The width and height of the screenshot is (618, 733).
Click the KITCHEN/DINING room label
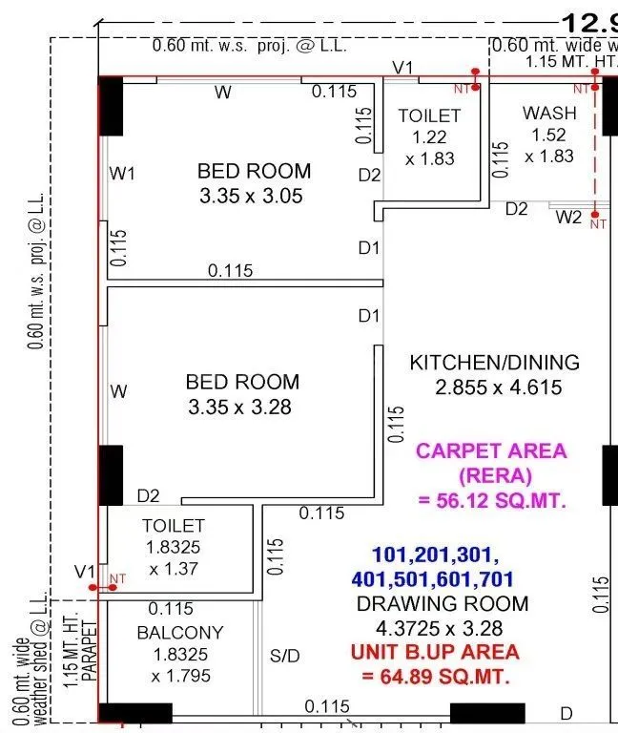(494, 363)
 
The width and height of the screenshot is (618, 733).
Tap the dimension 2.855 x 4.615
(498, 387)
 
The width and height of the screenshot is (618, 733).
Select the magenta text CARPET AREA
(491, 450)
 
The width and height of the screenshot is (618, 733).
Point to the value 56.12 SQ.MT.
(491, 500)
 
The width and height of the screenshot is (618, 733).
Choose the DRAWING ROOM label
(442, 603)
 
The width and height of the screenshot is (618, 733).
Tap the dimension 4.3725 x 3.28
(442, 628)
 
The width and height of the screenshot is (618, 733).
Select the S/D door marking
(284, 657)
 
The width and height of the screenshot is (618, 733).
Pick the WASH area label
(549, 113)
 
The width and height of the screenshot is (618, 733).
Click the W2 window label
(568, 217)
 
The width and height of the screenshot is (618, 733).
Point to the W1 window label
(123, 174)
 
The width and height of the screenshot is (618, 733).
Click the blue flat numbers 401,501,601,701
(432, 578)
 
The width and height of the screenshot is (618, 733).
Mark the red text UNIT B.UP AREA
(435, 652)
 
